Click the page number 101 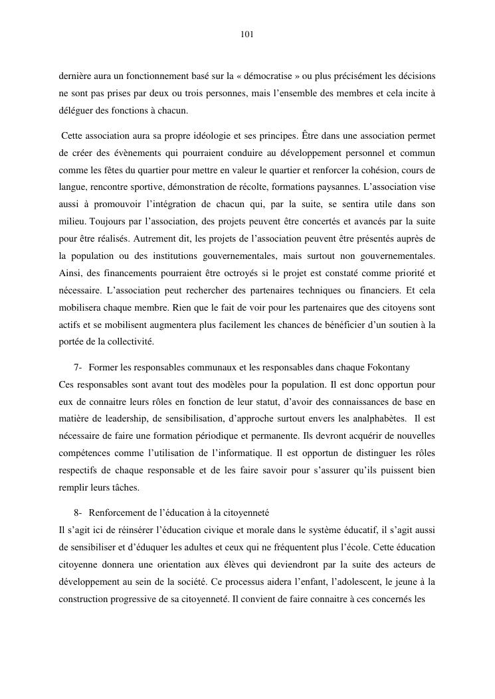pos(247,34)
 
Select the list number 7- pos(78,367)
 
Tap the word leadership pos(120,419)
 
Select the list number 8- pos(78,513)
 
